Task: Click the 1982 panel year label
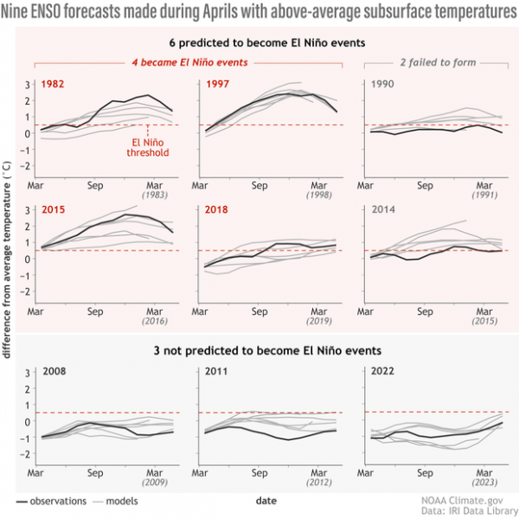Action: (x=54, y=84)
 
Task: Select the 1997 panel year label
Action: (x=218, y=84)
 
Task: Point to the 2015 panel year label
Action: (x=54, y=210)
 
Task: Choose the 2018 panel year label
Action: (x=218, y=210)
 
